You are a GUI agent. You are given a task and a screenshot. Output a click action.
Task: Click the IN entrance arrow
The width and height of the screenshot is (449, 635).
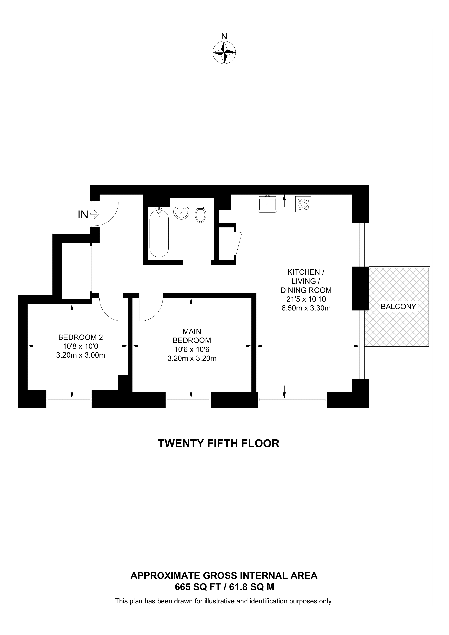95,214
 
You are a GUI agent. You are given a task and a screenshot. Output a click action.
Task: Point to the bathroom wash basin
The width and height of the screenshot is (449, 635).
181,213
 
